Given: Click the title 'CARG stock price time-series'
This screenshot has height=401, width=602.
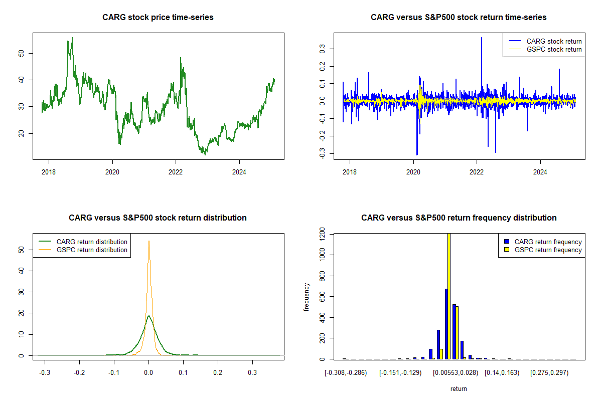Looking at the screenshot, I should [x=158, y=18].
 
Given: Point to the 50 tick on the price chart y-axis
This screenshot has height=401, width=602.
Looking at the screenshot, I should [x=20, y=53].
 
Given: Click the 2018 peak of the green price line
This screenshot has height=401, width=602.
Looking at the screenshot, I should [x=72, y=38].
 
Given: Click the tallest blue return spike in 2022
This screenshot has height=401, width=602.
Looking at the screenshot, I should [x=482, y=38].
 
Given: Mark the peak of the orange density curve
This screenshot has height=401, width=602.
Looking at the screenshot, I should [x=149, y=241].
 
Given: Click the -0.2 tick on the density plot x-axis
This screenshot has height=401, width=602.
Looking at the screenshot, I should [x=79, y=373].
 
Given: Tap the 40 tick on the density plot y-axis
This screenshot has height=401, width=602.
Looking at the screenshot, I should [x=20, y=271].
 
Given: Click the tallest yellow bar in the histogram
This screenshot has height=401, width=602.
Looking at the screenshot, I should [x=448, y=296].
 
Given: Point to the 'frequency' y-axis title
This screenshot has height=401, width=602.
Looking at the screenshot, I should [x=307, y=297].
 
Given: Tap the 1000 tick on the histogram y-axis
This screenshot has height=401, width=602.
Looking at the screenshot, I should [x=321, y=255].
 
